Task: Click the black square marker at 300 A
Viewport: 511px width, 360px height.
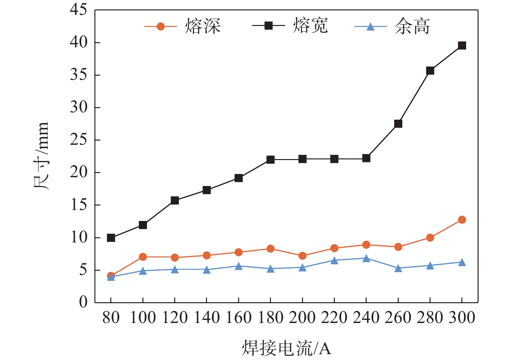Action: (462, 45)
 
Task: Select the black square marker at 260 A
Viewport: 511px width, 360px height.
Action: (398, 124)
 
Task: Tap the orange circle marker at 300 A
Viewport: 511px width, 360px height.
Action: (462, 220)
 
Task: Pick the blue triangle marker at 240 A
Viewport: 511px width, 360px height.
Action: (366, 259)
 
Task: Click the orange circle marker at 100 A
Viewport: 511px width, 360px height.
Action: (143, 257)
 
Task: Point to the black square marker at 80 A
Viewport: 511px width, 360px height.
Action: (111, 238)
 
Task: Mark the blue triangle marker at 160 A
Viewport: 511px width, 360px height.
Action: (238, 267)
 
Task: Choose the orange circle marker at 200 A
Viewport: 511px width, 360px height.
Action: (302, 256)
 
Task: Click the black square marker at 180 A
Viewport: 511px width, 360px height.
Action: (271, 160)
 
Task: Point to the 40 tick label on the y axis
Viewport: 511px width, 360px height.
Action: (79, 43)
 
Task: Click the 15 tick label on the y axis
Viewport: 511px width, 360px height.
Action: (79, 205)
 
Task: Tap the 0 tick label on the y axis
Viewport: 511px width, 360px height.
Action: (83, 302)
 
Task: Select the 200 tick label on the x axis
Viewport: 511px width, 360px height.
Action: (302, 317)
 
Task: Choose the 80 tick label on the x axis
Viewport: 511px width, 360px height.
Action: (111, 317)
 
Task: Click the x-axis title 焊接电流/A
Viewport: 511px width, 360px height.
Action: (286, 348)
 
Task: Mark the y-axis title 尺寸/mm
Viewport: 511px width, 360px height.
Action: (41, 156)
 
